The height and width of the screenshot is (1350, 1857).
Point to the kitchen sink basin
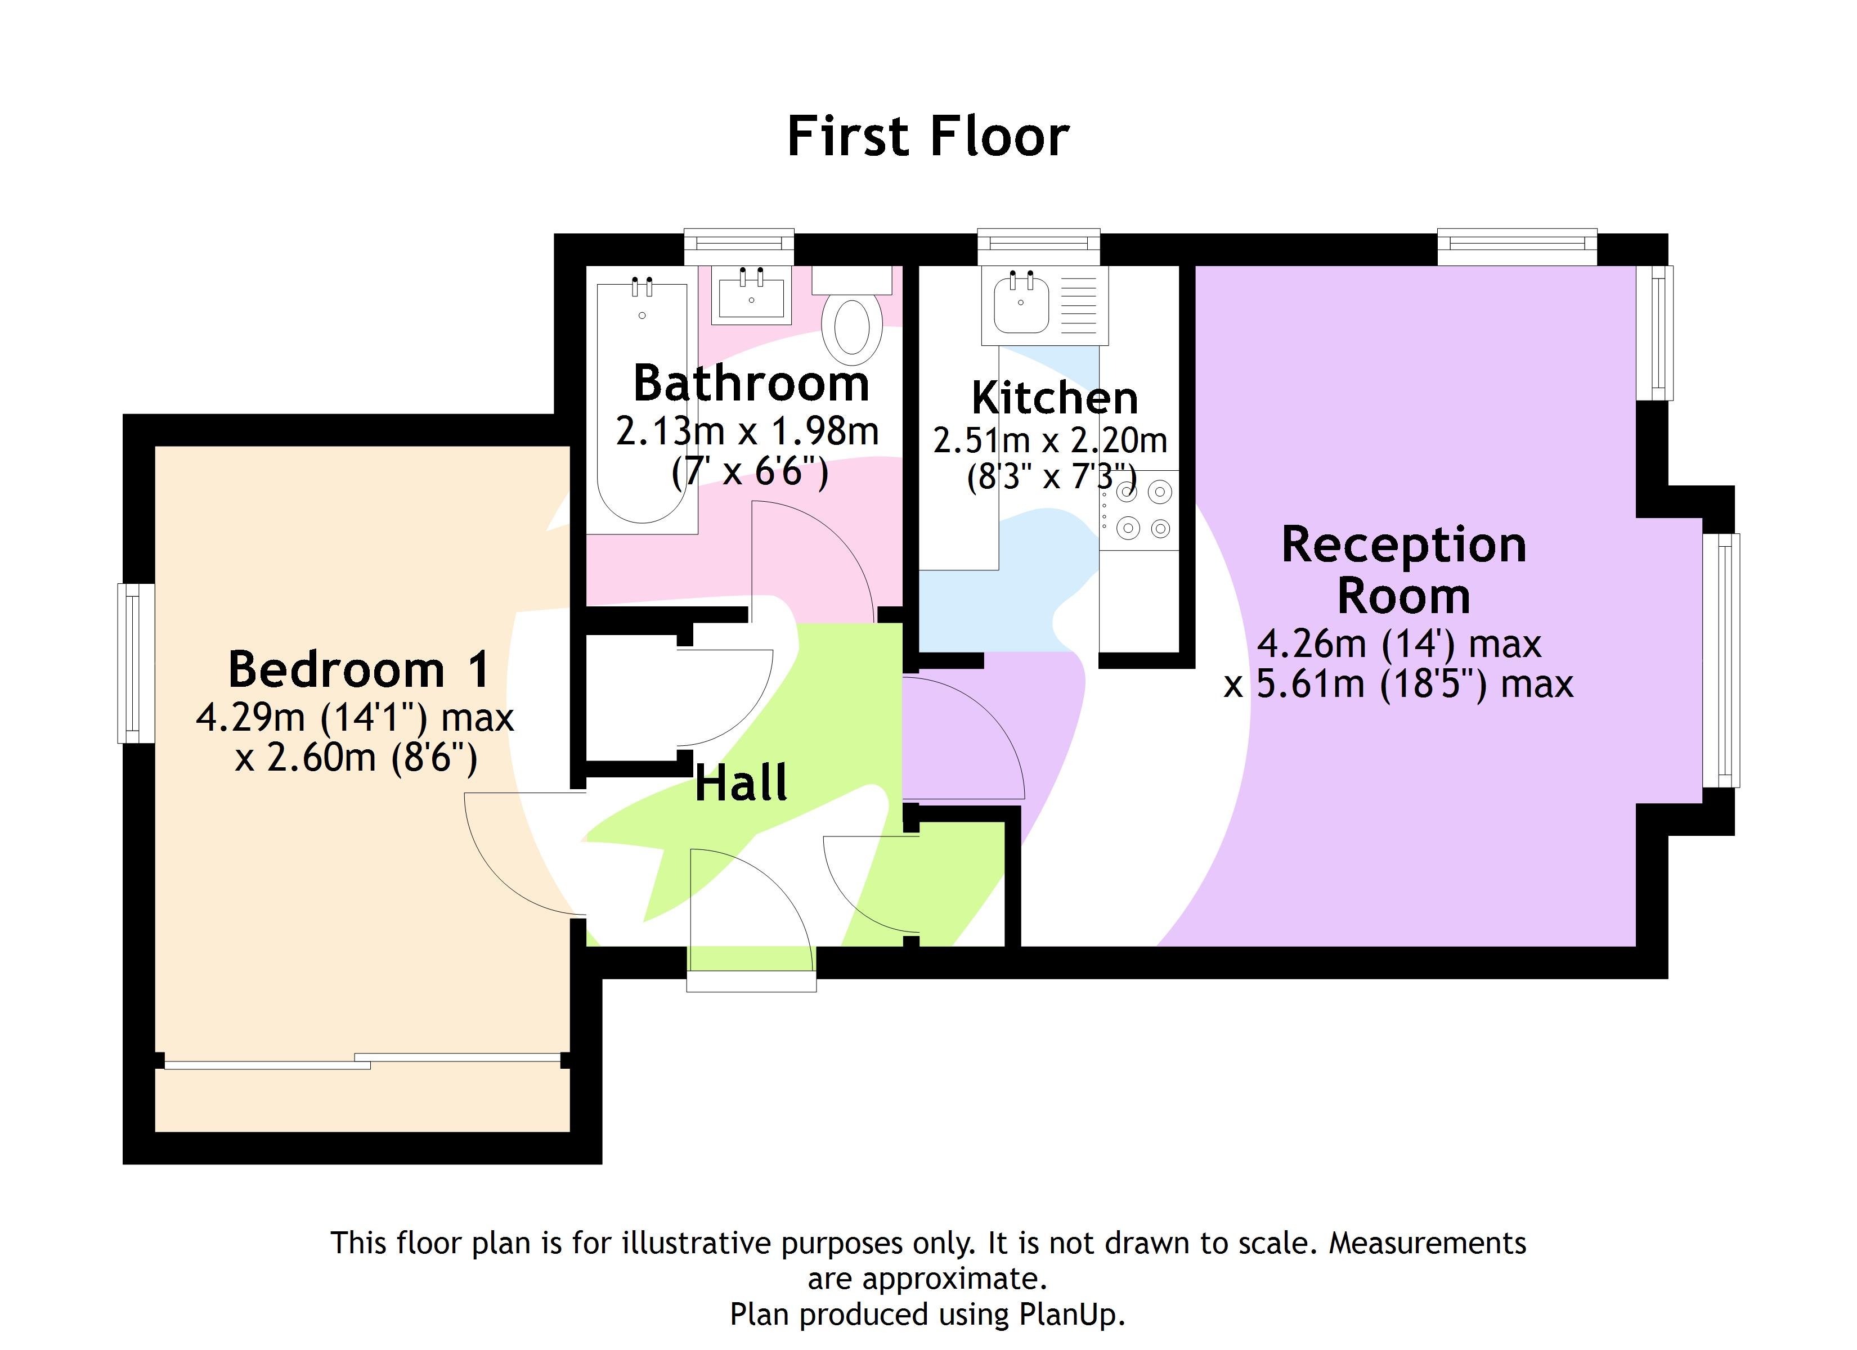click(x=1020, y=304)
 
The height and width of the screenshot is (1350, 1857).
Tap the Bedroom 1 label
click(x=358, y=669)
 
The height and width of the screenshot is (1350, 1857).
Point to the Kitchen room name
click(x=1054, y=399)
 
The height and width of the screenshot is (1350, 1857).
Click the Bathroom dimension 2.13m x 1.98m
click(x=747, y=431)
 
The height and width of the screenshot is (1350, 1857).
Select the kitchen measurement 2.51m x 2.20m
click(x=1049, y=440)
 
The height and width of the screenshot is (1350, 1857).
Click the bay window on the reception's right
click(x=1720, y=660)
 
